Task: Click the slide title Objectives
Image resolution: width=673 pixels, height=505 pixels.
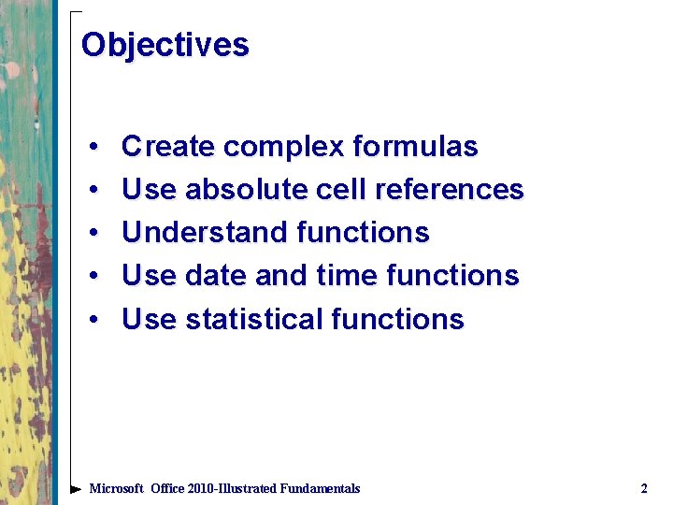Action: coord(165,45)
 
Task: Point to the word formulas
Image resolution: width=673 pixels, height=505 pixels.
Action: coord(415,147)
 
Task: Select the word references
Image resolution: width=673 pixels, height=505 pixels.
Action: coord(449,190)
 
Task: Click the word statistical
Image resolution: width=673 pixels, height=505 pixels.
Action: coord(254,319)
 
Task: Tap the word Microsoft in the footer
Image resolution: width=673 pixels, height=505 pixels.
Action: coord(116,488)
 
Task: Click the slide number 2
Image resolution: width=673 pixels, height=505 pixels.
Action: coord(643,488)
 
